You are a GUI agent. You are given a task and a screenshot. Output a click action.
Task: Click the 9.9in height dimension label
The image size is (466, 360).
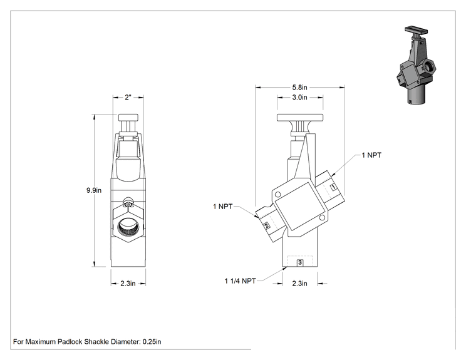pos(94,190)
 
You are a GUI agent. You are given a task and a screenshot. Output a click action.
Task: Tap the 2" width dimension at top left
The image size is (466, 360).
pos(128,98)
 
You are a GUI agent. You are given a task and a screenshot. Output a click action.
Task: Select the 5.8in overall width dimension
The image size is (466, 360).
pos(299,87)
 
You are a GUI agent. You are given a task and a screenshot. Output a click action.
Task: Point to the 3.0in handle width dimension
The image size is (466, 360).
pos(299,97)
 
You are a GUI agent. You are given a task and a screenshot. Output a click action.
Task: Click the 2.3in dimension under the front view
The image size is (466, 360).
pos(128,284)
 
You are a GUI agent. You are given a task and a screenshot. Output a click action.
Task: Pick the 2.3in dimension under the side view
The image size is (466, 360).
pos(299,284)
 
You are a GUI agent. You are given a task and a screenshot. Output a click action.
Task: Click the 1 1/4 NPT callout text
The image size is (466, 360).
pos(240,281)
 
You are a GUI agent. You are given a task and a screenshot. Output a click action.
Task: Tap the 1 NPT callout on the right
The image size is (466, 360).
pos(371,155)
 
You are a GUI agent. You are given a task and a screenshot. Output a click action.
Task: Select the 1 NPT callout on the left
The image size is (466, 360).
pos(222,207)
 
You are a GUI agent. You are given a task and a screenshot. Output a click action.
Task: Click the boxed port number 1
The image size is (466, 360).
pos(334,187)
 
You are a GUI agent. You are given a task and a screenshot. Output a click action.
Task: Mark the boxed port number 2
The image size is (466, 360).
pos(267,226)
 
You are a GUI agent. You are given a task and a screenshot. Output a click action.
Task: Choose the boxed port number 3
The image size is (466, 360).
pos(300,262)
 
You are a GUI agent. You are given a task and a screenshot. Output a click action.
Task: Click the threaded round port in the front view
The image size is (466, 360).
pos(128,227)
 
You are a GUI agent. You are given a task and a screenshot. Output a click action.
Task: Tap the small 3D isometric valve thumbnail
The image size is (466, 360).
pos(417,64)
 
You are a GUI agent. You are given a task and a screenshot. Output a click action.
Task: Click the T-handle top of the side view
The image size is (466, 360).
pos(300,118)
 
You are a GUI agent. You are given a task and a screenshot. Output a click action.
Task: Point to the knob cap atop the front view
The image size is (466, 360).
pos(128,118)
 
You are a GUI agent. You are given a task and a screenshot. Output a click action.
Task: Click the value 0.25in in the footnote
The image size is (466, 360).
pos(152,342)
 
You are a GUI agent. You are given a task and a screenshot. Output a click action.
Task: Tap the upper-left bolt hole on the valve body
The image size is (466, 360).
pos(278,195)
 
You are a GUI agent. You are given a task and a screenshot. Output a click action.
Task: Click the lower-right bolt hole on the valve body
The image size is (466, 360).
pos(322,218)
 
